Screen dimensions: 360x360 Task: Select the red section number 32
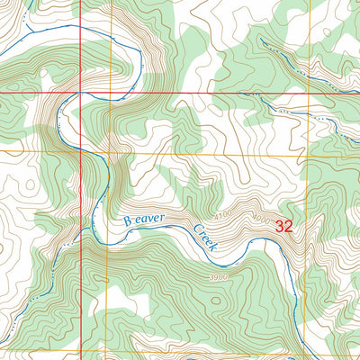point(285,226)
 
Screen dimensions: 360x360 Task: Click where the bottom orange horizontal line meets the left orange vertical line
point(107,351)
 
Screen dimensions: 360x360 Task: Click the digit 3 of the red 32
point(281,226)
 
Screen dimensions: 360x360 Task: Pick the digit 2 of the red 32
point(290,226)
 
